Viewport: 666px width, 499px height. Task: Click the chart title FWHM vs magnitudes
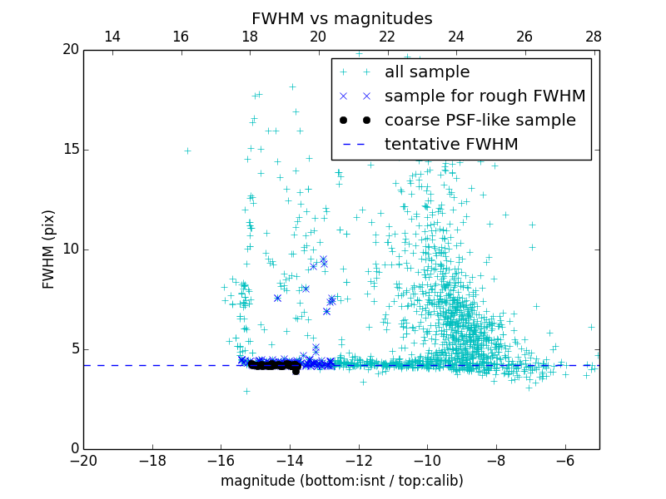pyautogui.click(x=341, y=18)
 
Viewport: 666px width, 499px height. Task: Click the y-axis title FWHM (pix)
pyautogui.click(x=49, y=249)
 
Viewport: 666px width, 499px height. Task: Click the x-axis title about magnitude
pyautogui.click(x=341, y=481)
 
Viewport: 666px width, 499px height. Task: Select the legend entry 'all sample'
pyautogui.click(x=427, y=72)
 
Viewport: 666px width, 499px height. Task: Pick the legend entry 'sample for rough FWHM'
pyautogui.click(x=485, y=96)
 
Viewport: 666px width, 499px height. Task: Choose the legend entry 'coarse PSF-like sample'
pyautogui.click(x=480, y=121)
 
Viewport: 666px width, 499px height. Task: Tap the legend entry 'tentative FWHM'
pyautogui.click(x=451, y=145)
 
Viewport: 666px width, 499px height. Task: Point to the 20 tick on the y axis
pyautogui.click(x=69, y=50)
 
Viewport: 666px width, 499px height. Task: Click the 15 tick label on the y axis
pyautogui.click(x=69, y=150)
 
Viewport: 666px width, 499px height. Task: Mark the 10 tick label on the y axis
pyautogui.click(x=69, y=249)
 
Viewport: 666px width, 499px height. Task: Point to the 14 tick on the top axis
pyautogui.click(x=112, y=37)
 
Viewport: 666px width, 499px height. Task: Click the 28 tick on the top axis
pyautogui.click(x=594, y=37)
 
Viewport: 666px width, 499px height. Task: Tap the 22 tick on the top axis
pyautogui.click(x=387, y=37)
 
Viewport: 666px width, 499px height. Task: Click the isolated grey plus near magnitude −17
pyautogui.click(x=187, y=151)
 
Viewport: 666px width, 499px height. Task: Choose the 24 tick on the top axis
pyautogui.click(x=456, y=37)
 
